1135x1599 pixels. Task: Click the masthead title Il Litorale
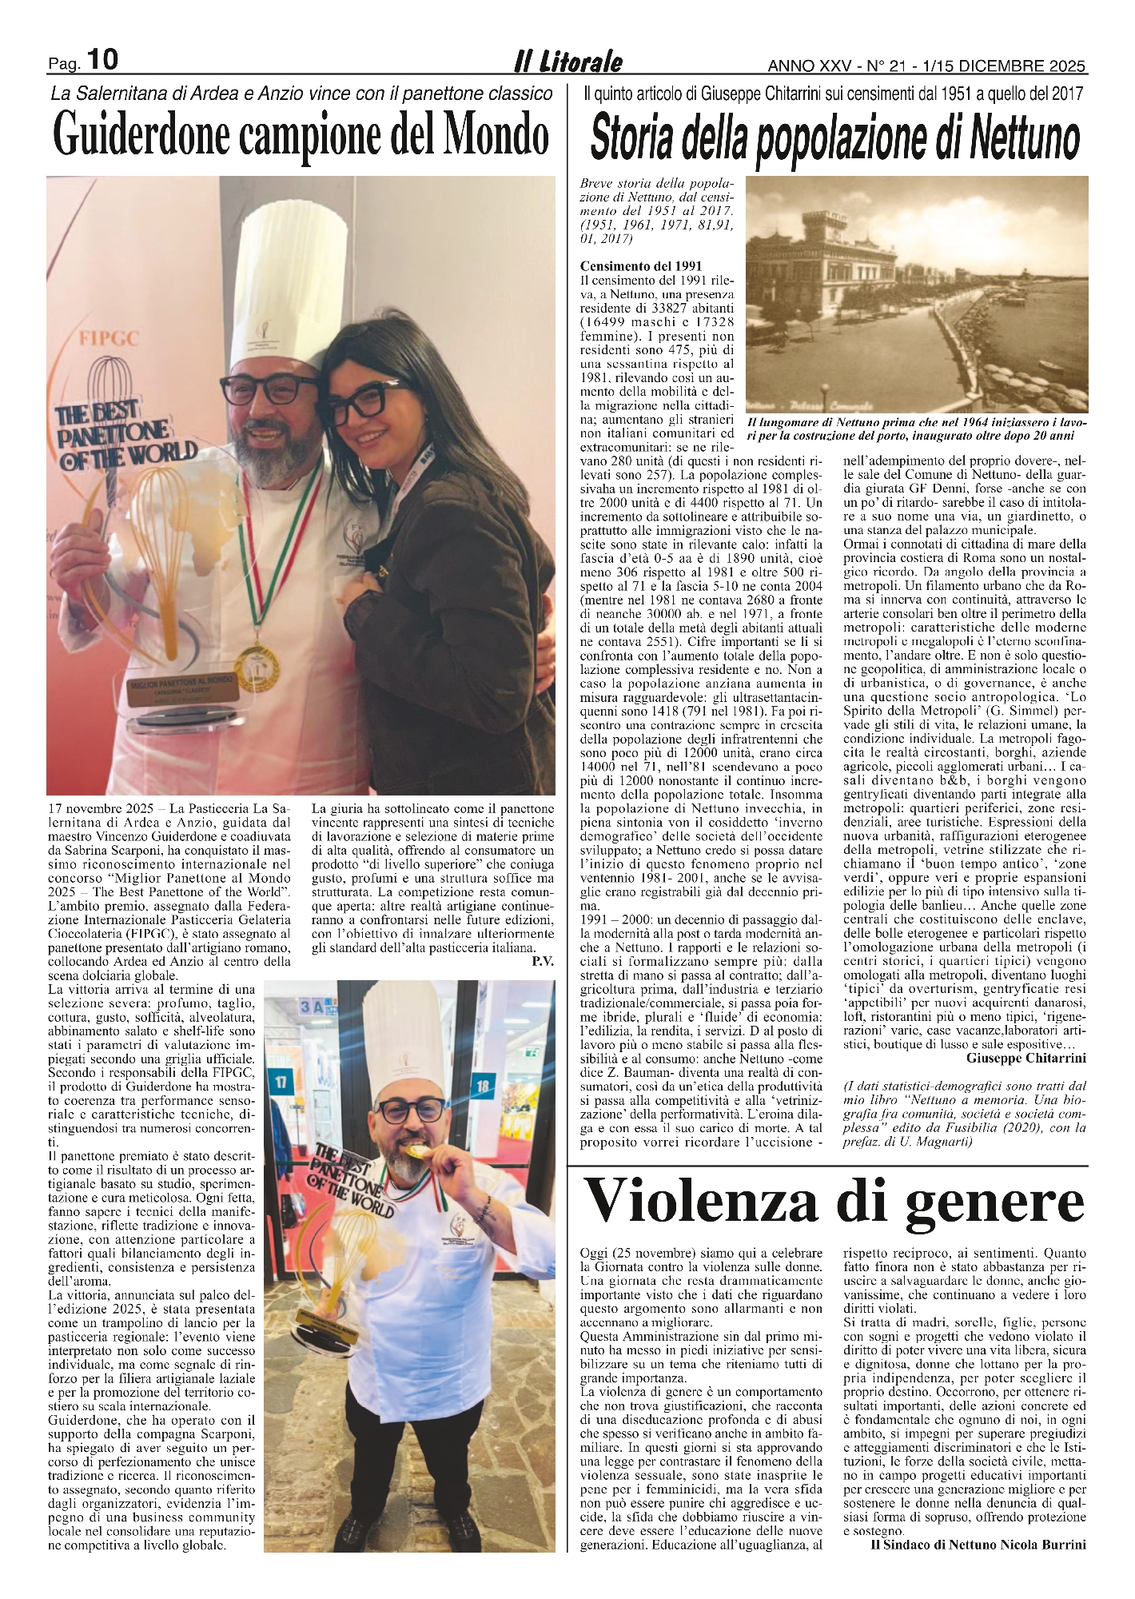tap(567, 62)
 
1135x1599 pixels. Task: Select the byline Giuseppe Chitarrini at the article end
tap(1026, 1059)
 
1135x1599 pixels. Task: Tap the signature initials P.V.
tap(542, 960)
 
